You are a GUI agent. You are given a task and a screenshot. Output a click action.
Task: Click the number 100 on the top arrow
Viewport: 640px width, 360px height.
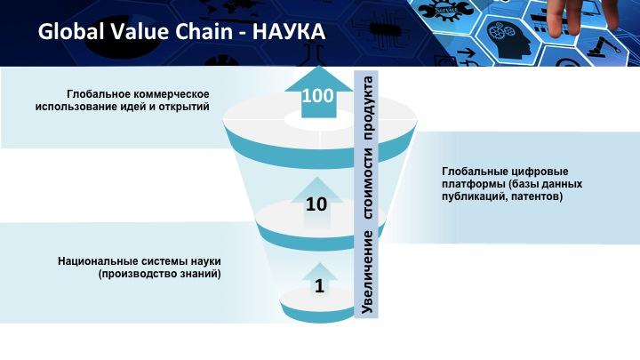pyautogui.click(x=317, y=96)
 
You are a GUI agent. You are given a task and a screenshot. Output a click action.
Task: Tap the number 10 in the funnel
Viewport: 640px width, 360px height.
pyautogui.click(x=316, y=204)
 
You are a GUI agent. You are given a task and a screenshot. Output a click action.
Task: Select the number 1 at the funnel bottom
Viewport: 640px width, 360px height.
pyautogui.click(x=320, y=285)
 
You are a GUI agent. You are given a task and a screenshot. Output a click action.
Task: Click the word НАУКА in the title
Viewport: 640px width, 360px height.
pyautogui.click(x=289, y=31)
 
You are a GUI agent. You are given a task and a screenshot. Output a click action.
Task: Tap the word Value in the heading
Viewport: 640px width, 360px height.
pyautogui.click(x=134, y=31)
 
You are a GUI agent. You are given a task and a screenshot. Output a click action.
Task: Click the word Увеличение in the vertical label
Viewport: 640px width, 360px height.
pyautogui.click(x=368, y=272)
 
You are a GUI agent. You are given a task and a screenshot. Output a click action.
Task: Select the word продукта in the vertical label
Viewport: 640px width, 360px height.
pyautogui.click(x=368, y=108)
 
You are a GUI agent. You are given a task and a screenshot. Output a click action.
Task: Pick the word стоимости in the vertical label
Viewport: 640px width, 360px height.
pyautogui.click(x=368, y=183)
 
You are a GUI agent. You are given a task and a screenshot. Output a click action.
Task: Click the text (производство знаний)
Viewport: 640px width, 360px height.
pyautogui.click(x=160, y=274)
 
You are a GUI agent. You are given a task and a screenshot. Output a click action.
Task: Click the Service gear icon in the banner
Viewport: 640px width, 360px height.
pyautogui.click(x=447, y=10)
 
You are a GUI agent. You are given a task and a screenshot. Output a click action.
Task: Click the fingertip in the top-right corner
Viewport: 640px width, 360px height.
pyautogui.click(x=557, y=28)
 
